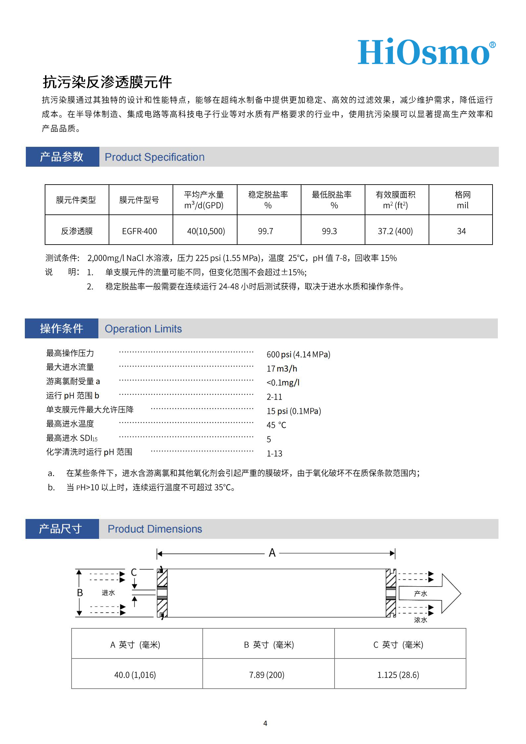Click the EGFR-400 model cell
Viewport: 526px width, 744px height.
(x=139, y=231)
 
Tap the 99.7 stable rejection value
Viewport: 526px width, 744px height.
(x=266, y=231)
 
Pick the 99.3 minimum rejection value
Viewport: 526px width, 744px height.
(x=329, y=231)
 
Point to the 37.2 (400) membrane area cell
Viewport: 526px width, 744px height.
(x=395, y=231)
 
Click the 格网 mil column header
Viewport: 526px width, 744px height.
(x=462, y=200)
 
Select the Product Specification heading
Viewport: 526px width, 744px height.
(x=154, y=157)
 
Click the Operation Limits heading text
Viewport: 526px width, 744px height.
(x=143, y=329)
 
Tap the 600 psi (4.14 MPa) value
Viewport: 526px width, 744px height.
(x=298, y=354)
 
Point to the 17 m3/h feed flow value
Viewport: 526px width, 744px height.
(x=282, y=369)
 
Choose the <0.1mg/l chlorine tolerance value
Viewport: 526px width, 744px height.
(x=283, y=383)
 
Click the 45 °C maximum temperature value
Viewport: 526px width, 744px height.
(x=276, y=425)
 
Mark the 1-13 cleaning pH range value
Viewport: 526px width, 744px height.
(x=274, y=453)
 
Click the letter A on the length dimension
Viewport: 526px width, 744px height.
(x=272, y=553)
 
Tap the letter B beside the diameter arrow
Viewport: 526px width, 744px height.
(x=80, y=593)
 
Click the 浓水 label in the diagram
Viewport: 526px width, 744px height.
(x=421, y=620)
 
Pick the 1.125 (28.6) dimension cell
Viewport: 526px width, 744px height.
(x=398, y=675)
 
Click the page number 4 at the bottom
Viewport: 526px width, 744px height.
(x=265, y=723)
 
